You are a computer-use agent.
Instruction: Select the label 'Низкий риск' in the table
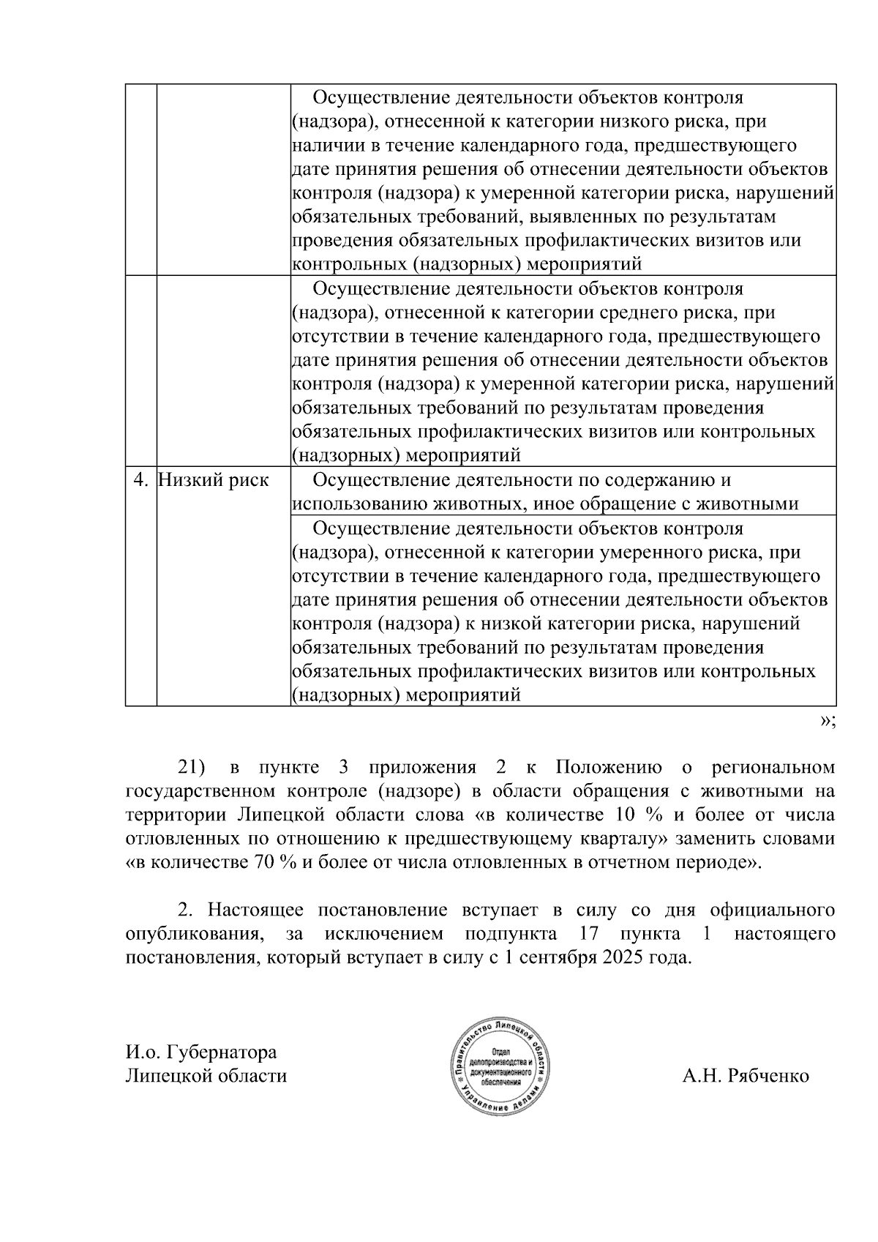tap(214, 480)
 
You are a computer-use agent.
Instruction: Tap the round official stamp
tap(501, 1066)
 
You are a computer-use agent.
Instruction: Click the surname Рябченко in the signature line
tap(769, 1076)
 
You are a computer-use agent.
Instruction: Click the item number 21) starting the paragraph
tap(192, 768)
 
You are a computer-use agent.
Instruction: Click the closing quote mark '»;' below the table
tap(827, 721)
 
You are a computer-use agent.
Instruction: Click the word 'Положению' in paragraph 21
tap(609, 768)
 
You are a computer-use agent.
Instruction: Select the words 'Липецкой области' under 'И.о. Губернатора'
tap(206, 1076)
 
